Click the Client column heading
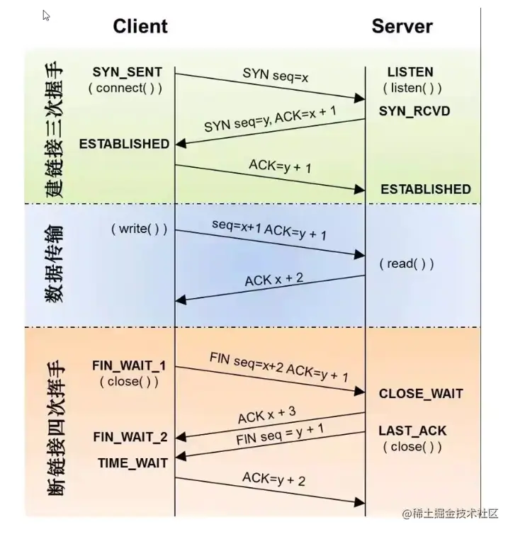(140, 27)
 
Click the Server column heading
(402, 27)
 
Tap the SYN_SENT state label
(127, 72)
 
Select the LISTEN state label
(410, 72)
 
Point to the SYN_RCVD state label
(415, 111)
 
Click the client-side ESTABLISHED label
(124, 144)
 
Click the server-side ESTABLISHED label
(425, 189)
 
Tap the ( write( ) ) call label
(139, 229)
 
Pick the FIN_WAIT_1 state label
(129, 366)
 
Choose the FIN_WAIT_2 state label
(130, 437)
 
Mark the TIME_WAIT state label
(133, 462)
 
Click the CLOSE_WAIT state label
(421, 394)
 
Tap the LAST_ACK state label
(412, 431)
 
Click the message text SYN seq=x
(276, 74)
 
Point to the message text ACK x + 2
(274, 280)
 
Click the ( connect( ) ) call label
(125, 89)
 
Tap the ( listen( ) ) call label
(412, 89)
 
